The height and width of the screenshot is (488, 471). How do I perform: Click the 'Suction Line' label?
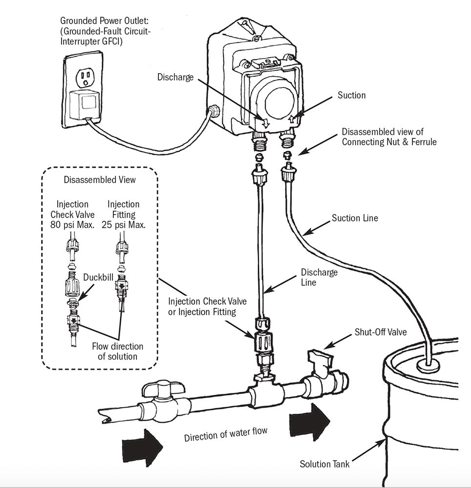[354, 218]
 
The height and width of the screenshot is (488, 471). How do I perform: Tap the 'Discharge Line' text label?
[319, 277]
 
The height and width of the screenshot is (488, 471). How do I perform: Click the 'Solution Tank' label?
[324, 464]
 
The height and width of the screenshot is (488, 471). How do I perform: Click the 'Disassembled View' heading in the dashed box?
[100, 180]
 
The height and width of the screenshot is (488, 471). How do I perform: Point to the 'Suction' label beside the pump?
[351, 95]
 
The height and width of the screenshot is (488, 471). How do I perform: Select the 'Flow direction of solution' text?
[118, 351]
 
